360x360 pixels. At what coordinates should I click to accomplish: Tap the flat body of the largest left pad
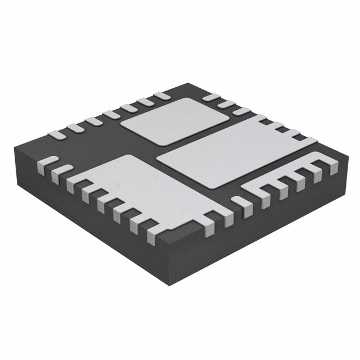pos(135,186)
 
